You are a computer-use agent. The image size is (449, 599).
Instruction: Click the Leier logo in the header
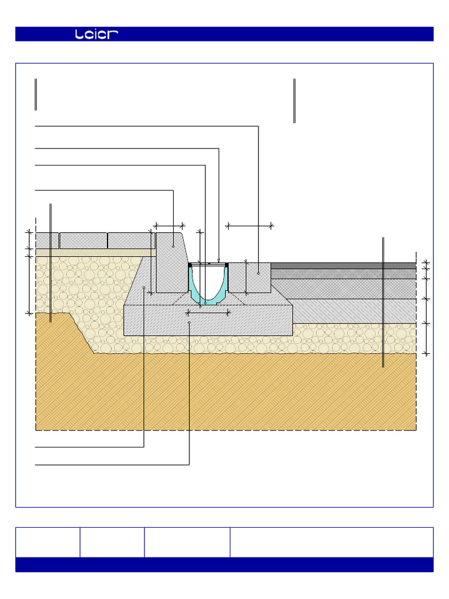point(97,35)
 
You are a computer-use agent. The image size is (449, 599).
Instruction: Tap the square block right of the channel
point(249,278)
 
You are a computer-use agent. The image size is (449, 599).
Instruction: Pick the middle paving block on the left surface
point(83,240)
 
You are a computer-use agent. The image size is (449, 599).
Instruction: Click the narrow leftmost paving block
point(47,240)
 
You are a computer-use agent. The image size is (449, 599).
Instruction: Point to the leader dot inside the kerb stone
point(174,247)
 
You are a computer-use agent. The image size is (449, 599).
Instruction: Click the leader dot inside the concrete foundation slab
point(189,322)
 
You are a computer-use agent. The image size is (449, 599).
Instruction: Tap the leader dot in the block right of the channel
point(258,273)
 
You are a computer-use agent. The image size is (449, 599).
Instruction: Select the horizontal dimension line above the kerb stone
point(169,225)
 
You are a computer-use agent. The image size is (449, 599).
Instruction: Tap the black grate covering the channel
point(208,265)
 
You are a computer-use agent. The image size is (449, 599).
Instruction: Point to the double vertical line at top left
point(36,94)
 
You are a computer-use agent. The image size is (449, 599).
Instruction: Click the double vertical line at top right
point(294,101)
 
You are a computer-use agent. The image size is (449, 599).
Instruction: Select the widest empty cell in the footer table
point(331,542)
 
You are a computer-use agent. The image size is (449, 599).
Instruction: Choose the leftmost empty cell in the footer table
point(47,542)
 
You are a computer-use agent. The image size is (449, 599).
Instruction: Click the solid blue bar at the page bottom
point(224,564)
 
